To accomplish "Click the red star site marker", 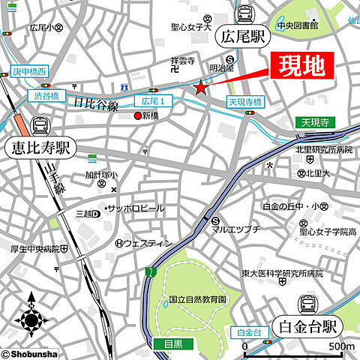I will coord(201,88).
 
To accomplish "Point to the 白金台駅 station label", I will coord(308,326).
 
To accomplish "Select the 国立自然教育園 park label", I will coord(196,298).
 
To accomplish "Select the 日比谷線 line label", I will coord(97,106).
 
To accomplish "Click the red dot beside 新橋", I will coord(136,116).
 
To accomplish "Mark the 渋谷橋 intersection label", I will coord(46,96).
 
